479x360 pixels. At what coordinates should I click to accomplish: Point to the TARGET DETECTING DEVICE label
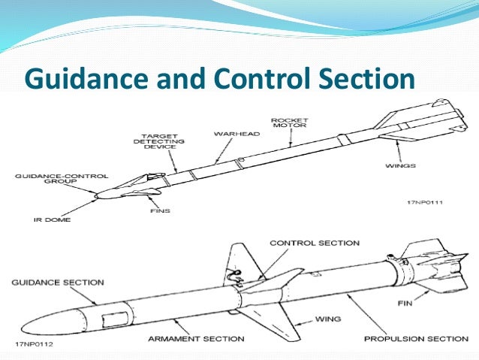click(155, 141)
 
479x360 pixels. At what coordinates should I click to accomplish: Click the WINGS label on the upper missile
click(399, 164)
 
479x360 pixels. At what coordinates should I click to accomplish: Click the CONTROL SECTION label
click(314, 243)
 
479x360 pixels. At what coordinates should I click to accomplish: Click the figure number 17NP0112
click(30, 346)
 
